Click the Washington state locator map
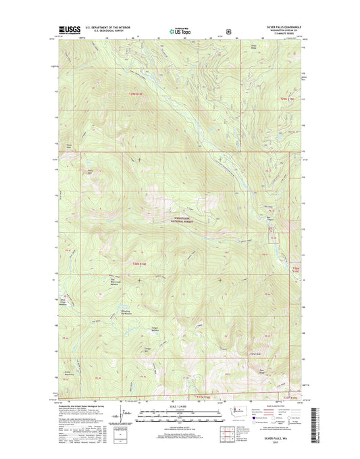tap(237, 412)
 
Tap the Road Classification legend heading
tap(280, 406)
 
